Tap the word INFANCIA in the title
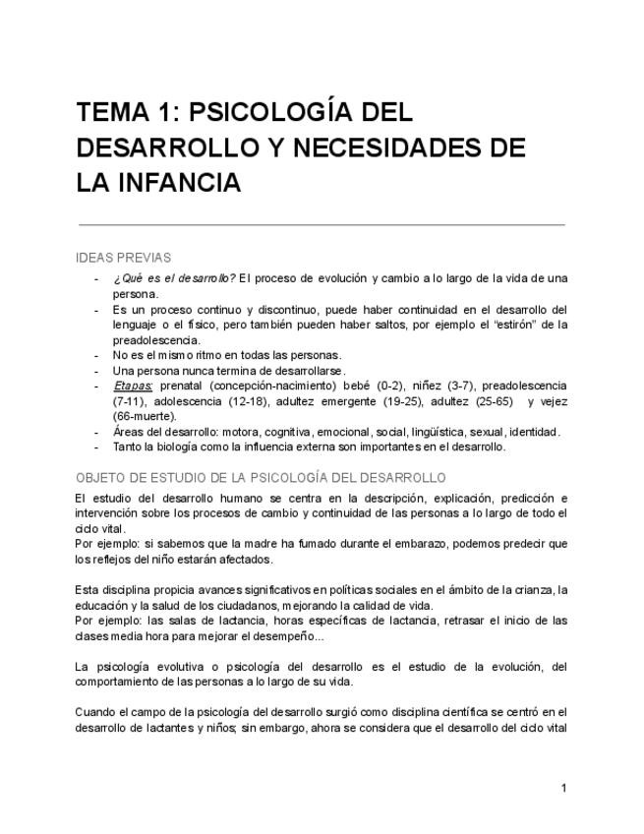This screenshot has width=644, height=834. (180, 183)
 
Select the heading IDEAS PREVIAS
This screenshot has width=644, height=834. (123, 258)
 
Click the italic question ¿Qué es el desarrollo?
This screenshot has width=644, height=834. (173, 277)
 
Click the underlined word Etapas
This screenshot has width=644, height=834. (133, 387)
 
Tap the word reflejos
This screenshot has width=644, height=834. (112, 559)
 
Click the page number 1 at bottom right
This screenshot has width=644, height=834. (563, 788)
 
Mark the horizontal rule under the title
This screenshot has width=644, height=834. (322, 224)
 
